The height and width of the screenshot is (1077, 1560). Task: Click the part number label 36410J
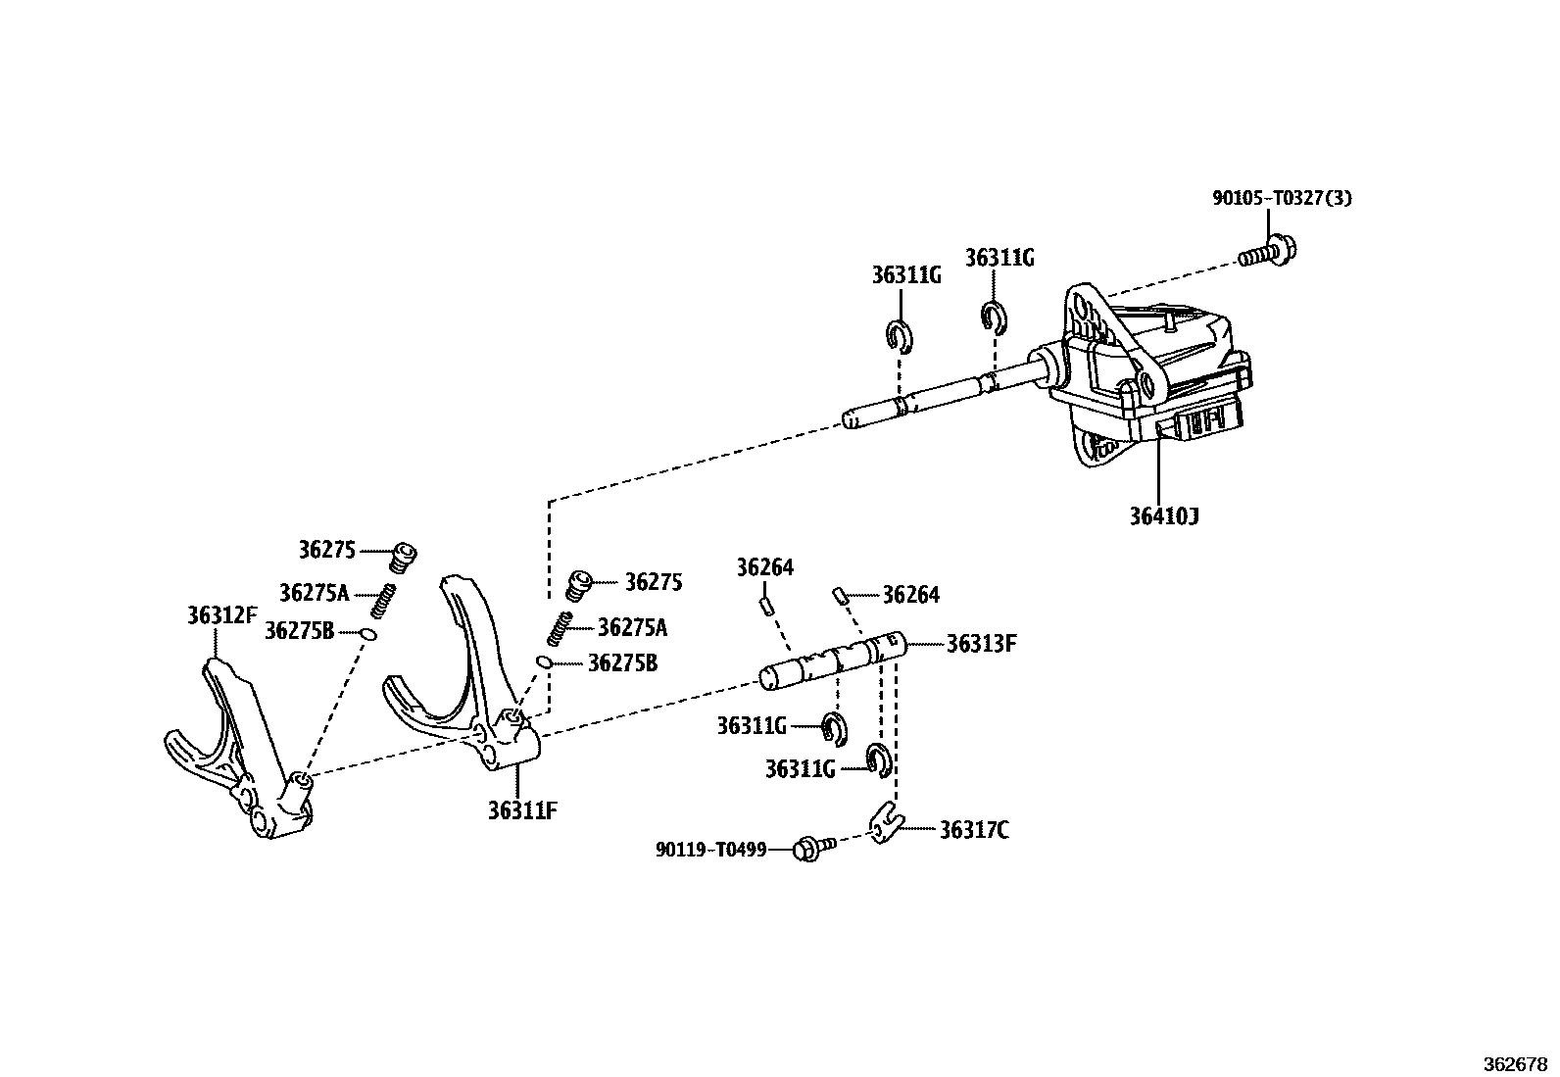(1163, 515)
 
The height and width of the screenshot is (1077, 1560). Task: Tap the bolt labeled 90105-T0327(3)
(1263, 252)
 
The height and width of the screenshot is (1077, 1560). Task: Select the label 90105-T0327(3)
(1282, 198)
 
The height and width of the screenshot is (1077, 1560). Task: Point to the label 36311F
(522, 809)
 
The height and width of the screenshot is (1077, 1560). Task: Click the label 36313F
(981, 644)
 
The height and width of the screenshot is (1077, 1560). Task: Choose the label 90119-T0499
(710, 849)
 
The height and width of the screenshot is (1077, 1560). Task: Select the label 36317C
(973, 831)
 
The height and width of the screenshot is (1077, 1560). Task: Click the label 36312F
(222, 615)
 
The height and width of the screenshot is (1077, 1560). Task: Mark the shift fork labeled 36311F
(470, 686)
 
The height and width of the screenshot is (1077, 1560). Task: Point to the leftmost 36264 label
(764, 567)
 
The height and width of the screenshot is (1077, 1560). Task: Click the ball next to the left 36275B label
(367, 633)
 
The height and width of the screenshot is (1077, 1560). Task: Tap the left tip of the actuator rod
(851, 420)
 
